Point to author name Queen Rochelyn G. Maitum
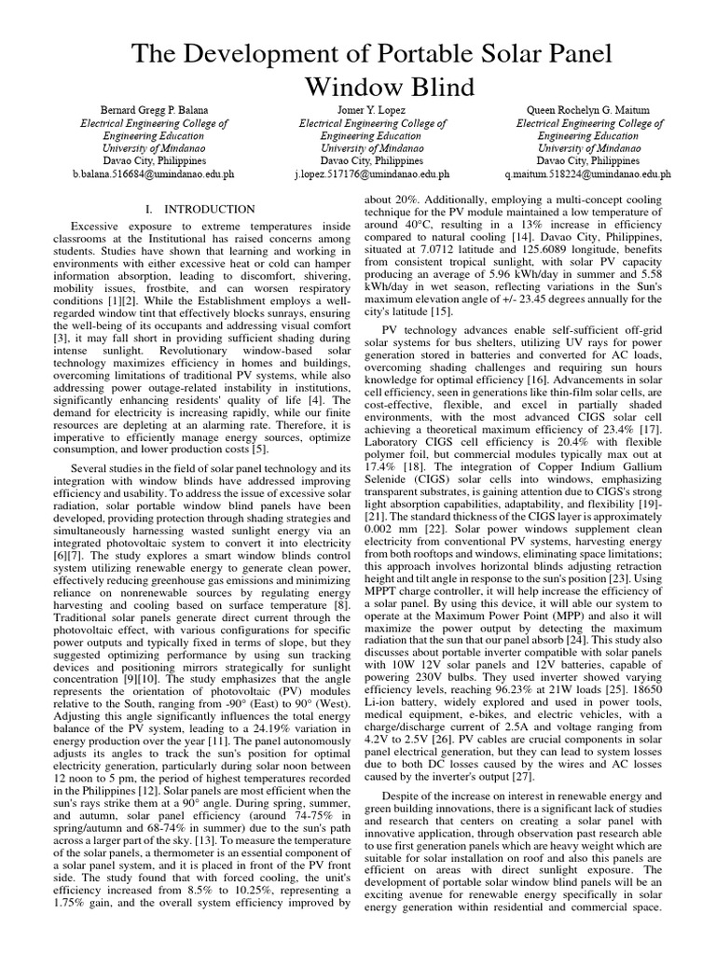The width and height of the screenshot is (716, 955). click(589, 110)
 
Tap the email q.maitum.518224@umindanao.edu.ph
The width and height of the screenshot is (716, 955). click(589, 173)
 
